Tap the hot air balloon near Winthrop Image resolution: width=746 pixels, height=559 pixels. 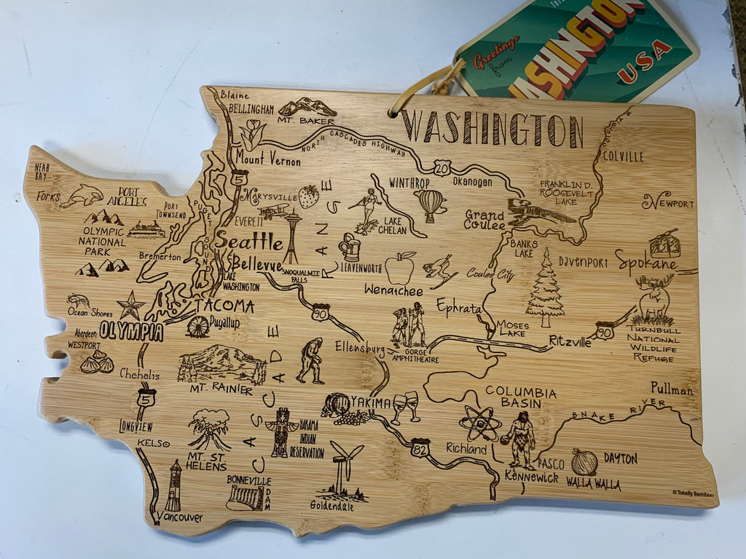tap(431, 205)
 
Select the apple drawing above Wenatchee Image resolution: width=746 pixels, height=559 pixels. tap(399, 268)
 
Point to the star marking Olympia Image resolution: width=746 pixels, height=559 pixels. tap(130, 306)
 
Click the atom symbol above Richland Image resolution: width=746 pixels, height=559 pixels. tap(479, 422)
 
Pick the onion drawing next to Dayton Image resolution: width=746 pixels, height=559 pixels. tap(584, 462)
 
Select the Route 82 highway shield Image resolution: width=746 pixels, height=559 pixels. tap(420, 446)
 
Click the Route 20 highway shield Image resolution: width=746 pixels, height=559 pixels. tap(442, 168)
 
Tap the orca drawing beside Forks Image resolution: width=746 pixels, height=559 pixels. tap(82, 195)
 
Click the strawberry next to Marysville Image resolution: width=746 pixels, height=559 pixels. tap(308, 197)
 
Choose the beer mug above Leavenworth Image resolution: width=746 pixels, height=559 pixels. tap(350, 247)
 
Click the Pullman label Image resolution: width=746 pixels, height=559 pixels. tap(672, 390)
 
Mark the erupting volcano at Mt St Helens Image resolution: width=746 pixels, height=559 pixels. tap(209, 429)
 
